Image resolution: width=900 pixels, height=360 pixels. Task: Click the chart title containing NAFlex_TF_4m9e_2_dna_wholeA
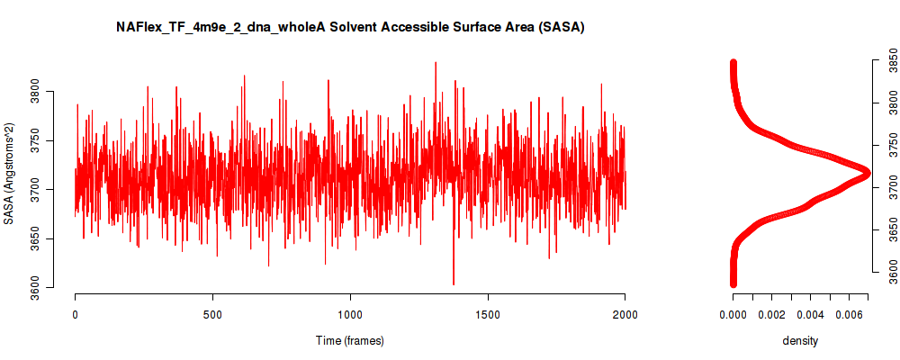coord(350,28)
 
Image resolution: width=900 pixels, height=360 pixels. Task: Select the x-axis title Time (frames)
coord(349,340)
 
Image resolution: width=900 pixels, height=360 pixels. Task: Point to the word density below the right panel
coord(800,340)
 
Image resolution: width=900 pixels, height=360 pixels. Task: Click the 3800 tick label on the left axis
coord(51,92)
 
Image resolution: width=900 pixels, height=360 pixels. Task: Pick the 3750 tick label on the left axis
coord(51,140)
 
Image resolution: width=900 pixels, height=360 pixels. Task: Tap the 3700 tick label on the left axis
coord(51,190)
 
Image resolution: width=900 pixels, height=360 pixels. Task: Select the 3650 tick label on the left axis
coord(51,238)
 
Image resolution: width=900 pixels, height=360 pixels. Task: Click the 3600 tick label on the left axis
coord(51,287)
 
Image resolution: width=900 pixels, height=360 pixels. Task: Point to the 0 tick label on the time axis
coord(76,314)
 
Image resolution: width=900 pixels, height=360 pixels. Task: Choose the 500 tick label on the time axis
coord(213,314)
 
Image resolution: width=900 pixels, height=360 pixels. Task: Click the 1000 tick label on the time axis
coord(350,314)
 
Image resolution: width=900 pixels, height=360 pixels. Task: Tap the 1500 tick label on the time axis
coord(488,314)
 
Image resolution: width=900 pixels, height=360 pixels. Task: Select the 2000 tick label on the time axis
coord(625,314)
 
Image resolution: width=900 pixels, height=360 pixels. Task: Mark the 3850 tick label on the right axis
coord(888,60)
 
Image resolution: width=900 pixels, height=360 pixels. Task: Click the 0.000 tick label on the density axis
coord(733,314)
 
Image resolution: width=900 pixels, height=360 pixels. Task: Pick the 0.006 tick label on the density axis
coord(849,314)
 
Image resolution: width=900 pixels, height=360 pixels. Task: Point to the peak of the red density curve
coord(867,173)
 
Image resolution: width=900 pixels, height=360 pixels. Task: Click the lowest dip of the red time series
coord(454,283)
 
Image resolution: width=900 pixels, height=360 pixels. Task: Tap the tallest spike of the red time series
coord(436,63)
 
